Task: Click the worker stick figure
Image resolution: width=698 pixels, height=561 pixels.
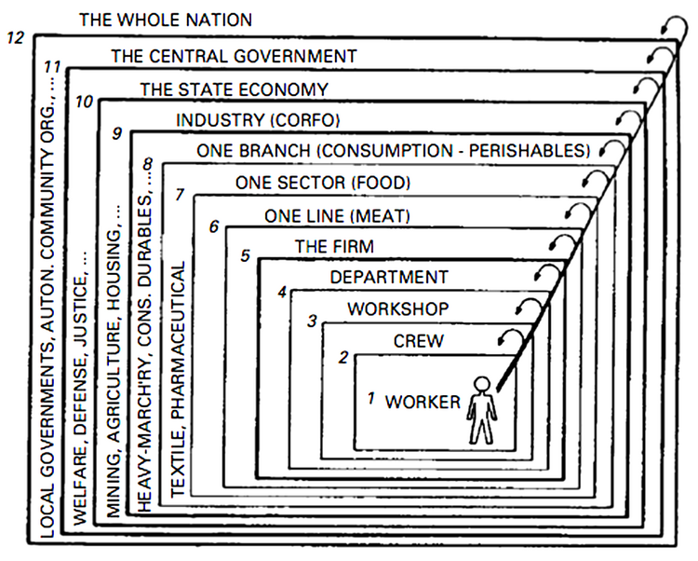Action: pos(481,409)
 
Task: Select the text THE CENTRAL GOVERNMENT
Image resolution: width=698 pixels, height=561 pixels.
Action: pos(233,56)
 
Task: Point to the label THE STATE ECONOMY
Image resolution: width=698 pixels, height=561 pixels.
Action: pos(234,89)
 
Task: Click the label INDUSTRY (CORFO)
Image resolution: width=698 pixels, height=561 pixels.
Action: pos(259,120)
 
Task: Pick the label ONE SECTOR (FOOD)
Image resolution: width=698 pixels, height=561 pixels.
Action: pos(322,183)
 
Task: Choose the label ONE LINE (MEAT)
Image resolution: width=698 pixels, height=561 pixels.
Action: pos(337,216)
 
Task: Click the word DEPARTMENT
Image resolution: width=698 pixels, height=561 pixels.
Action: pos(389,277)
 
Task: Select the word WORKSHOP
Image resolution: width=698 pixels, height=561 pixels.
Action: pos(398,308)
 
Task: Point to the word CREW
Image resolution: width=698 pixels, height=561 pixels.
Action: pos(415,342)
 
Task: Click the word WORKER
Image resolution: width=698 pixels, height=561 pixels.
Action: pos(423,402)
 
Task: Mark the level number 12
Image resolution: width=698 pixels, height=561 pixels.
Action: pos(13,39)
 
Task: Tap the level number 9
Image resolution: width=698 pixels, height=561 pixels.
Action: pos(116,133)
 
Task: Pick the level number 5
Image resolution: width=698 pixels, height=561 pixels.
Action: pos(245,255)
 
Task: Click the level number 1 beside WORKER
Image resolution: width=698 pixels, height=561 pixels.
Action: pos(370,399)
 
